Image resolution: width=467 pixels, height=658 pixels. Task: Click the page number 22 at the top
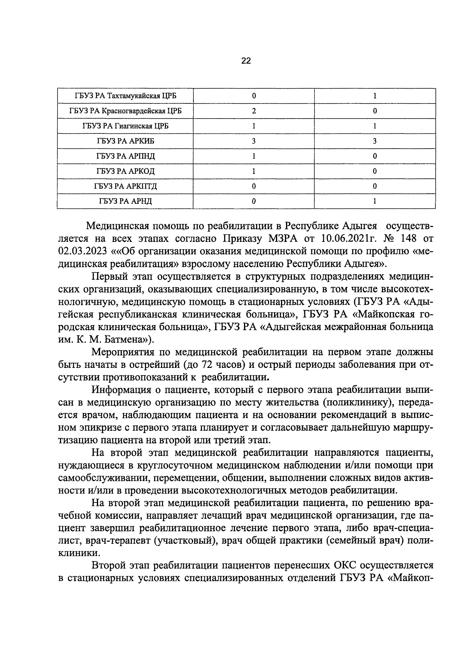[x=246, y=61]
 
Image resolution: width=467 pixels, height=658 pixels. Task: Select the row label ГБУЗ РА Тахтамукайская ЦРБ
[x=123, y=96]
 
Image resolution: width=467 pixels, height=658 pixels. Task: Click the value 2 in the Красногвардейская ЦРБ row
[x=254, y=111]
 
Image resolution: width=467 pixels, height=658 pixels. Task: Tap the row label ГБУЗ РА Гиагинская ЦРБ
[x=125, y=126]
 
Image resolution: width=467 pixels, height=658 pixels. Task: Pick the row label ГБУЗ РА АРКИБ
[x=125, y=141]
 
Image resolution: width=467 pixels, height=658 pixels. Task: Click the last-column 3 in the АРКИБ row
[x=374, y=141]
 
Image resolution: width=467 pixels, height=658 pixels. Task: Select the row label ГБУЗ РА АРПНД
[x=125, y=156]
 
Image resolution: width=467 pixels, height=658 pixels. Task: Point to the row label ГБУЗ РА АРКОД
[x=125, y=171]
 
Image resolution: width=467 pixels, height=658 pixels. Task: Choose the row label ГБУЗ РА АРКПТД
[x=125, y=186]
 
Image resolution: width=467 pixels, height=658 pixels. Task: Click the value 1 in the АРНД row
[x=374, y=201]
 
